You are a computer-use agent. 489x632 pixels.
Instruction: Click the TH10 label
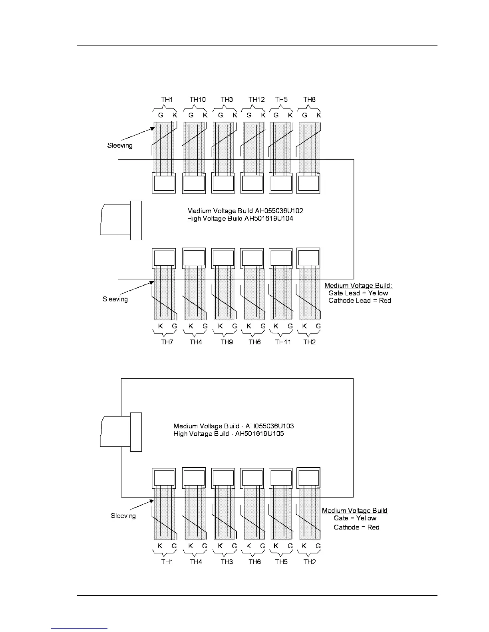197,99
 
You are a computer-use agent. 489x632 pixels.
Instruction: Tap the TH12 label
256,99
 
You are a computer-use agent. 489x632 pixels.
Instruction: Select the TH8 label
309,99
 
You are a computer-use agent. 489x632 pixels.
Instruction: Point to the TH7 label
167,342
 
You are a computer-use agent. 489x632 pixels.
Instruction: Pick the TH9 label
227,342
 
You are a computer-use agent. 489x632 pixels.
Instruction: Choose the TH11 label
283,342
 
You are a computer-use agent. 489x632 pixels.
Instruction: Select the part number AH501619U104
268,218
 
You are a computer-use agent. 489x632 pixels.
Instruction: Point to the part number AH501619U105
259,434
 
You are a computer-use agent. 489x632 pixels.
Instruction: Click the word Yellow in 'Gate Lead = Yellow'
378,293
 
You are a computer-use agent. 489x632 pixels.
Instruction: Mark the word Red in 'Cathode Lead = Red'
385,300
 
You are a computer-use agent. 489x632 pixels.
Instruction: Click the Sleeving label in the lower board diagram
123,515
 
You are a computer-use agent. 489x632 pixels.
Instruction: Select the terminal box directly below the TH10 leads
194,184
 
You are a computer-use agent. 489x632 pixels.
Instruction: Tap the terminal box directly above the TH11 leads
281,258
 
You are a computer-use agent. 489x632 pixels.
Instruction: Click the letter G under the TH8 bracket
304,115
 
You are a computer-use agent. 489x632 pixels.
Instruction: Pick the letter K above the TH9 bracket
220,326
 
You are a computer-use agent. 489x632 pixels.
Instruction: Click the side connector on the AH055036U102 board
136,220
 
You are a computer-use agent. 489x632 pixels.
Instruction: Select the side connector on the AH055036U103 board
136,432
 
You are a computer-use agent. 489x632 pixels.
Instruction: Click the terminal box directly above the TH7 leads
164,258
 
